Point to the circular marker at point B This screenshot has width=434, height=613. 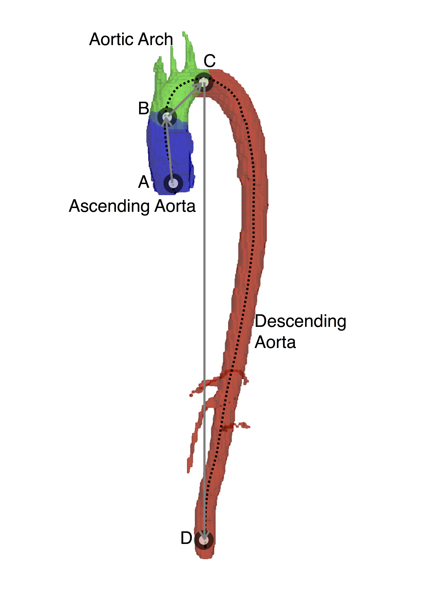(x=167, y=117)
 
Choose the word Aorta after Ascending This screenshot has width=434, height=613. (x=175, y=206)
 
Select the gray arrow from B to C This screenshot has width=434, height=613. (x=185, y=99)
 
